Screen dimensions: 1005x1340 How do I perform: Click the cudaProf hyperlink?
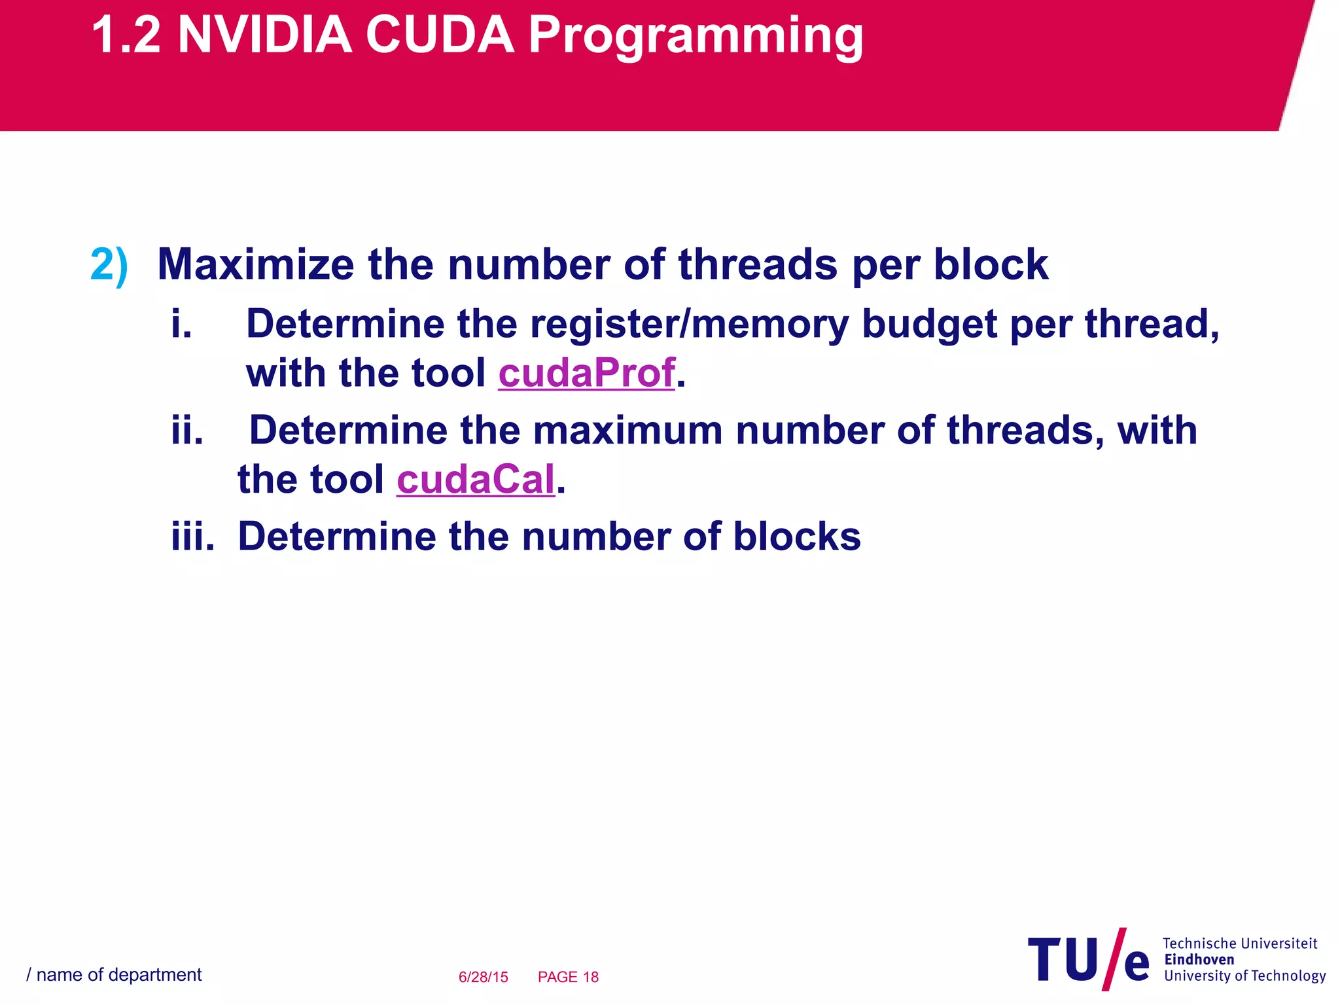586,373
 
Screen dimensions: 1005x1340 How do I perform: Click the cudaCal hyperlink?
476,479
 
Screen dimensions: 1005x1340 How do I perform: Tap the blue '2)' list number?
109,265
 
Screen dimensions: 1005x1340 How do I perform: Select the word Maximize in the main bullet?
256,264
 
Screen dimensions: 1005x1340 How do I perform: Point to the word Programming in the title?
696,36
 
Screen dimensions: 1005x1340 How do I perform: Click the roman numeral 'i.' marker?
182,324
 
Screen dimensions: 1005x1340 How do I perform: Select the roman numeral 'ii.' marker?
187,431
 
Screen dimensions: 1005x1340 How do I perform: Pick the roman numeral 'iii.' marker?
193,537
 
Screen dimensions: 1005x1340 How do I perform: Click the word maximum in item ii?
627,431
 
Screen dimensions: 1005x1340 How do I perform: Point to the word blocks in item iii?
796,537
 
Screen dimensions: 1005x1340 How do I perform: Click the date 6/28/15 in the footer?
483,977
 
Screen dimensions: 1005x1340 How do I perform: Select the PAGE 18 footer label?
568,977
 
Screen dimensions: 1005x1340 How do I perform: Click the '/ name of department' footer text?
114,975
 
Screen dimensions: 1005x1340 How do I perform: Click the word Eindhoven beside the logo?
1199,959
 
